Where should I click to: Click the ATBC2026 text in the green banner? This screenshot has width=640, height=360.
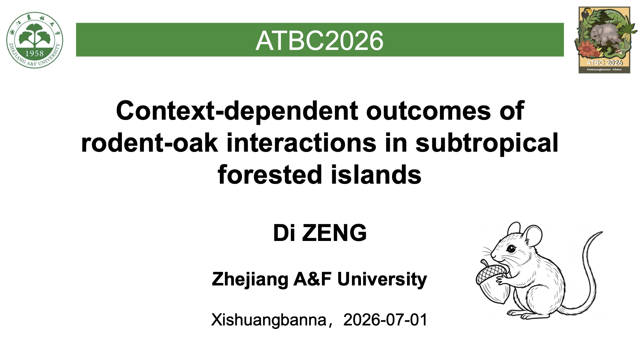(319, 41)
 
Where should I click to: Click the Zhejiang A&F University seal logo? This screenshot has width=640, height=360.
(35, 40)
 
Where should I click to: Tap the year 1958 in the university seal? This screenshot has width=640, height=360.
(35, 53)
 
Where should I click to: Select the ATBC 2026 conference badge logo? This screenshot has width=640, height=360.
(604, 40)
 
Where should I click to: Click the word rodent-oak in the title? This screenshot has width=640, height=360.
(150, 143)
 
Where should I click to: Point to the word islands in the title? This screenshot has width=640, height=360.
(376, 175)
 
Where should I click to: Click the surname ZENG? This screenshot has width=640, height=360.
(334, 233)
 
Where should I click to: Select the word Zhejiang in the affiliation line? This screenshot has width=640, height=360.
(250, 280)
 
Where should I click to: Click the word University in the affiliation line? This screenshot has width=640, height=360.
(382, 280)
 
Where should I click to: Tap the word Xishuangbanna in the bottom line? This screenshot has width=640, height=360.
(268, 320)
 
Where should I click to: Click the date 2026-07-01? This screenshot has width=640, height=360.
(385, 320)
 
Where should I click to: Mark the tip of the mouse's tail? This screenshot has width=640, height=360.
(602, 233)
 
